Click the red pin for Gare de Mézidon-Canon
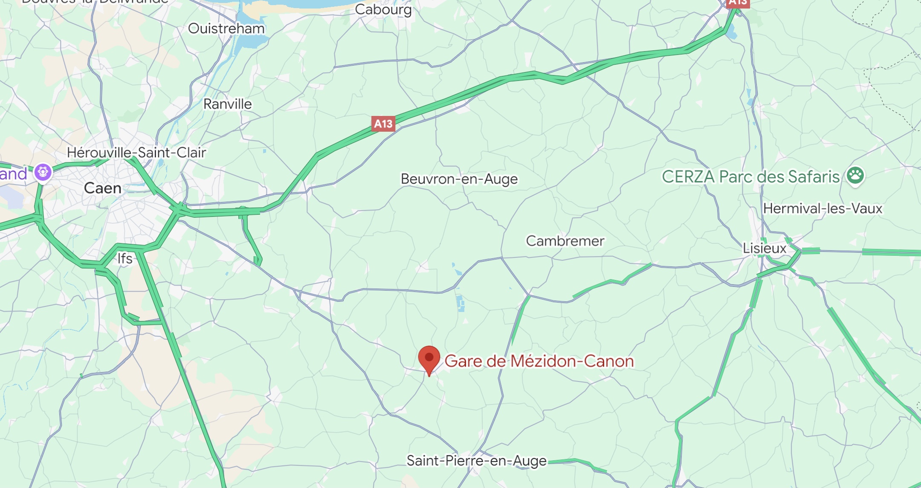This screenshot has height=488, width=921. tap(429, 358)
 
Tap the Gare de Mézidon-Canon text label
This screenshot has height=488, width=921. tap(539, 361)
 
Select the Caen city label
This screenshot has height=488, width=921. tap(103, 188)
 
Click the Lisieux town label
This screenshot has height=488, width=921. tap(765, 248)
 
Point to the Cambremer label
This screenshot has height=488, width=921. tap(565, 241)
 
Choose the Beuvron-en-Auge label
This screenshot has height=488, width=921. tap(459, 179)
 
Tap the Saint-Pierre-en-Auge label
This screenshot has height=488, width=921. tap(476, 461)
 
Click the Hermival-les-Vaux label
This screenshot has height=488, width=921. tap(823, 208)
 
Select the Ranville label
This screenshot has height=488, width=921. tap(227, 104)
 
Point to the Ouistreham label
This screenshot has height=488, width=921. tap(226, 29)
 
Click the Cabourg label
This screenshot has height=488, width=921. tap(383, 9)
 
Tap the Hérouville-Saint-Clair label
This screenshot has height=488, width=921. tap(136, 153)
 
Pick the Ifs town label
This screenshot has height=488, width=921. tap(125, 258)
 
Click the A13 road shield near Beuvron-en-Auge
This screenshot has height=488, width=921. tap(383, 124)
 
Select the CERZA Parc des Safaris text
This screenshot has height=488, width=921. tap(750, 176)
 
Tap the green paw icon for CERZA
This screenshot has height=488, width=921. tap(855, 175)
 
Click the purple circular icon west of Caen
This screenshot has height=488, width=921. tap(43, 172)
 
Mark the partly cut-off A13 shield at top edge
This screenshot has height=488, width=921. tap(738, 3)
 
